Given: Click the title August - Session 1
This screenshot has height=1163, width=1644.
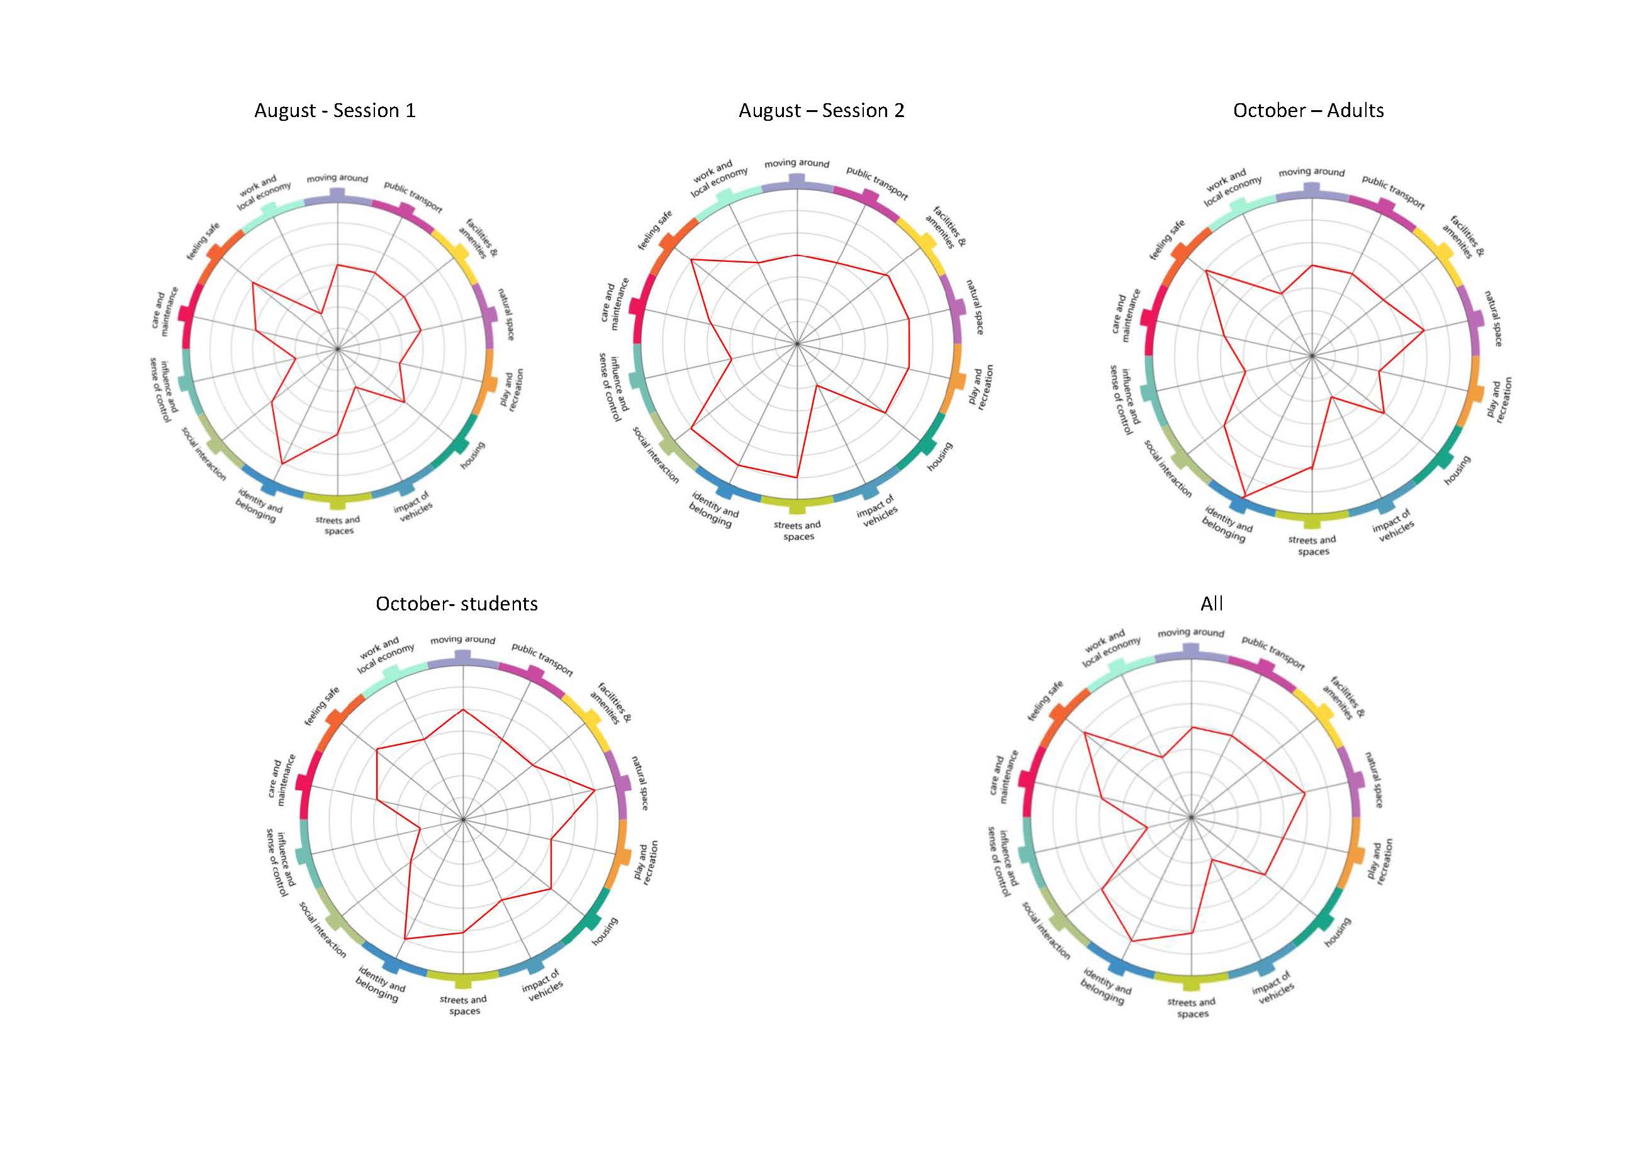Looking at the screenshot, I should tap(334, 110).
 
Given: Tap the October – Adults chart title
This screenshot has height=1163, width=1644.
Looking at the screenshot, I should tap(1307, 110).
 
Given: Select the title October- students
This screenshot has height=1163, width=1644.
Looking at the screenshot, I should tap(456, 604).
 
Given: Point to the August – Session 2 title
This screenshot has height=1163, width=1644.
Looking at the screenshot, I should tap(821, 110).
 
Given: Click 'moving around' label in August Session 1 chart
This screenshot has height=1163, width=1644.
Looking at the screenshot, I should tap(337, 178).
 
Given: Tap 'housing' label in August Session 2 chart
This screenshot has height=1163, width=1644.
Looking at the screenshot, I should tap(939, 456).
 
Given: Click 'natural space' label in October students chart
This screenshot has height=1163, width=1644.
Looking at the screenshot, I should tap(639, 783).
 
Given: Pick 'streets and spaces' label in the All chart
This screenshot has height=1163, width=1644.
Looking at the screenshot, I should tap(1192, 1008).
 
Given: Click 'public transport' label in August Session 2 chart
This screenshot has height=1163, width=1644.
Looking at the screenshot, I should tap(876, 183).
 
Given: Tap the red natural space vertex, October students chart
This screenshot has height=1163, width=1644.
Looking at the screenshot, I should tap(595, 790).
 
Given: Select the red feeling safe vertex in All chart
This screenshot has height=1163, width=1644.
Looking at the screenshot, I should tap(1084, 733).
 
